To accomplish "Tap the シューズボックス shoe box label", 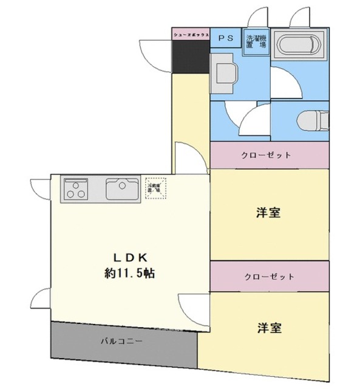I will [191, 36].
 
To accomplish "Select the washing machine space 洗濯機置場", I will [256, 42].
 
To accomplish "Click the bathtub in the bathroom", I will [297, 46].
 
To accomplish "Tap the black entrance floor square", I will [191, 57].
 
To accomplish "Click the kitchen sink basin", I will [123, 188].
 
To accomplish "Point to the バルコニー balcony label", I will [121, 341].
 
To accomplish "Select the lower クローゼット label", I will [269, 277].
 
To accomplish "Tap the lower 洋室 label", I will [268, 328].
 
